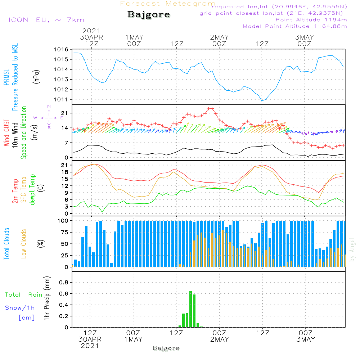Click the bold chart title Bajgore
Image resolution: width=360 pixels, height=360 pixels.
tap(149, 15)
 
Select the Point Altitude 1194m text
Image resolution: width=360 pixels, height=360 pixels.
tap(311, 19)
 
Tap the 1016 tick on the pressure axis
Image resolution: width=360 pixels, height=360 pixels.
tap(60, 49)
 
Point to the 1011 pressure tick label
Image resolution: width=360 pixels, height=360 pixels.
tap(60, 99)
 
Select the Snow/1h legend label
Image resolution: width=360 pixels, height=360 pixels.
tap(20, 308)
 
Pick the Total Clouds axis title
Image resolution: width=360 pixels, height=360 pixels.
tap(7, 244)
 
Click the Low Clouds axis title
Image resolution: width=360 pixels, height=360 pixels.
tap(24, 244)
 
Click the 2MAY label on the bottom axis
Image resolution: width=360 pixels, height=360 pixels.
tap(219, 339)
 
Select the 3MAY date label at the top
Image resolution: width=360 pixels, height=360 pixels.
tap(304, 37)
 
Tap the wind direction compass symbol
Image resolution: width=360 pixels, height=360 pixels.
tap(49, 118)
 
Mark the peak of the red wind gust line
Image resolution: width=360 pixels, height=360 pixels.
tap(210, 108)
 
